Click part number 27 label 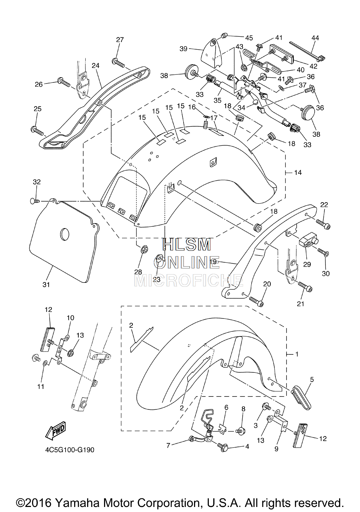120,40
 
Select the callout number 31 46,285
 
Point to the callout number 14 298,173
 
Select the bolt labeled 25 37,131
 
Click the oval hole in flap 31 64,234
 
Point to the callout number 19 213,262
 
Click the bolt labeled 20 256,301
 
